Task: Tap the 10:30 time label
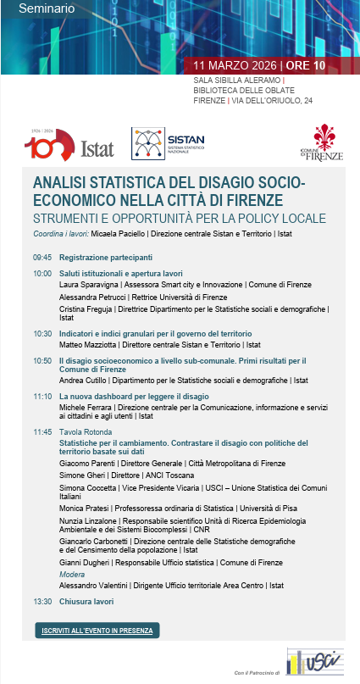(42, 333)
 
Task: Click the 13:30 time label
(42, 601)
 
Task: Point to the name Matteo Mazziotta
(91, 345)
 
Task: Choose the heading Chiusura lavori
(87, 601)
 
